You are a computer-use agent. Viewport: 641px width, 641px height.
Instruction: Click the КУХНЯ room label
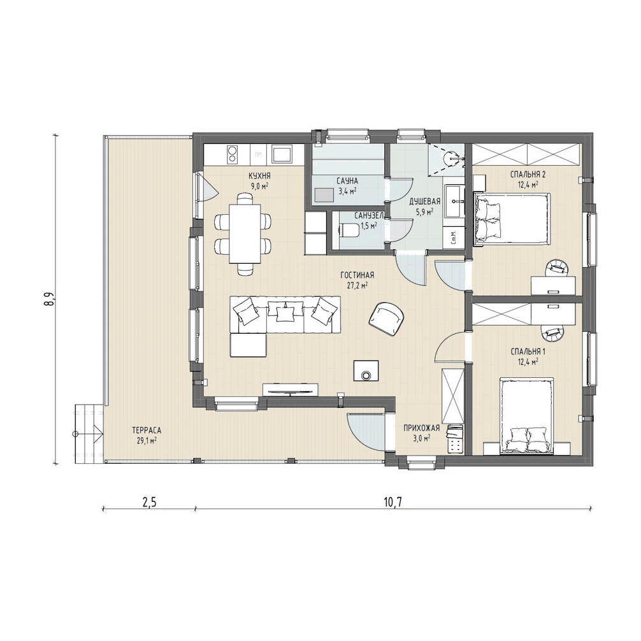pyautogui.click(x=259, y=176)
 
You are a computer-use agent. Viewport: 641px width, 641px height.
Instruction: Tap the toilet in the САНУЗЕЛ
pyautogui.click(x=349, y=231)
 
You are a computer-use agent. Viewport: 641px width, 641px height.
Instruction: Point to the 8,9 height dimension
pyautogui.click(x=51, y=299)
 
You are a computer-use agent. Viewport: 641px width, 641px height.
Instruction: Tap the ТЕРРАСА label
pyautogui.click(x=147, y=430)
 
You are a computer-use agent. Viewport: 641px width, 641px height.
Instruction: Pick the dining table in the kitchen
pyautogui.click(x=245, y=234)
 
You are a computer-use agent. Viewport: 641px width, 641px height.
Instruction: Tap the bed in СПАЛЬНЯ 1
pyautogui.click(x=526, y=415)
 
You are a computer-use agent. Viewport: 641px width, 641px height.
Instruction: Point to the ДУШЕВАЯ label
pyautogui.click(x=425, y=201)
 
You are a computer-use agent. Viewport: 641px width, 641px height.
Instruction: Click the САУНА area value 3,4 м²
pyautogui.click(x=347, y=190)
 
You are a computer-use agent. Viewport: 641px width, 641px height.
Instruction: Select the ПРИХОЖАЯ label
pyautogui.click(x=421, y=428)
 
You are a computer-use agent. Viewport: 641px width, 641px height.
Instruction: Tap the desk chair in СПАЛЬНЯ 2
pyautogui.click(x=557, y=268)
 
